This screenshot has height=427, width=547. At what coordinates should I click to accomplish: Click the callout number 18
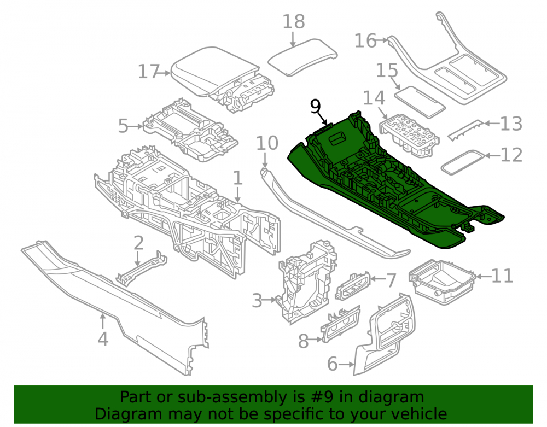pyautogui.click(x=293, y=22)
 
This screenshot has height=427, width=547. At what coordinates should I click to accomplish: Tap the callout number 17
pyautogui.click(x=149, y=72)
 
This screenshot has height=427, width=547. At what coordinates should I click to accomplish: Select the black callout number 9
pyautogui.click(x=315, y=106)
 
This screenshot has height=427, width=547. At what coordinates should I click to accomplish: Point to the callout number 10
pyautogui.click(x=267, y=143)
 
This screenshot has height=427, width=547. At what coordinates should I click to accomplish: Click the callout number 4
pyautogui.click(x=103, y=339)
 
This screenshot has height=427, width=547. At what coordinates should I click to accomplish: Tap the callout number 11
pyautogui.click(x=502, y=276)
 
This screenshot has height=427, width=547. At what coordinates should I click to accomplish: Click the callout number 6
pyautogui.click(x=333, y=364)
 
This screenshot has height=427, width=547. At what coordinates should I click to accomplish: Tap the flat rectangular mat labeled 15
pyautogui.click(x=420, y=102)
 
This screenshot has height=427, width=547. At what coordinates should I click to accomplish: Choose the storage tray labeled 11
pyautogui.click(x=443, y=282)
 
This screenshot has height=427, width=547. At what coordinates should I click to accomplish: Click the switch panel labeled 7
pyautogui.click(x=352, y=285)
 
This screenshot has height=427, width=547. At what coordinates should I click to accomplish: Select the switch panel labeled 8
pyautogui.click(x=340, y=324)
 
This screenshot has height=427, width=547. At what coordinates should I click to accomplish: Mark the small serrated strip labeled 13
pyautogui.click(x=466, y=130)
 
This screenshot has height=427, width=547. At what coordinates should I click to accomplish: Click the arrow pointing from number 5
pyautogui.click(x=135, y=126)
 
